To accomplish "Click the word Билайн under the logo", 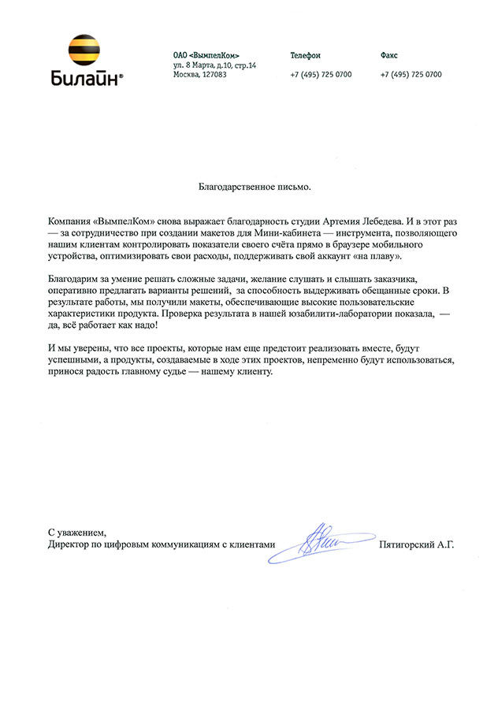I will pyautogui.click(x=84, y=78).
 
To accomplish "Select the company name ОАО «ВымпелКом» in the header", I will pyautogui.click(x=206, y=55).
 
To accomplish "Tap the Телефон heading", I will pyautogui.click(x=305, y=55).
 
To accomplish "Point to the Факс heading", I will pyautogui.click(x=388, y=55).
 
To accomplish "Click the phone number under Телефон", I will pyautogui.click(x=321, y=74).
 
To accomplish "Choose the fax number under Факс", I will pyautogui.click(x=411, y=74).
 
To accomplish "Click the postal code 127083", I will pyautogui.click(x=214, y=74).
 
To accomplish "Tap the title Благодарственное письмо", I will pyautogui.click(x=254, y=187).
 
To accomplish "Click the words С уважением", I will pyautogui.click(x=76, y=533).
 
